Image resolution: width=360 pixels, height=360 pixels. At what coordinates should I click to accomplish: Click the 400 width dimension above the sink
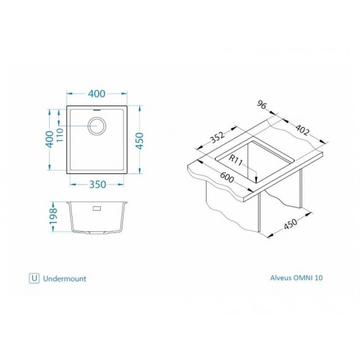pos(97,94)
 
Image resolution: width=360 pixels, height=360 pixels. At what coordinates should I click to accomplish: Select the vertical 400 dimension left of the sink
pos(50,139)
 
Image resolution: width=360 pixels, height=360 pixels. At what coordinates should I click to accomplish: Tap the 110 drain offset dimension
pos(60,135)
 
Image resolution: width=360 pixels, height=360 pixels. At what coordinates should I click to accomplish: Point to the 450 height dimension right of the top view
pos(139,141)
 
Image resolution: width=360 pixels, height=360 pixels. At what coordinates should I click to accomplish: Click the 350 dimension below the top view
pos(98,185)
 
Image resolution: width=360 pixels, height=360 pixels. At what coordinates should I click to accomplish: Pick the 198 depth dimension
pos(53,216)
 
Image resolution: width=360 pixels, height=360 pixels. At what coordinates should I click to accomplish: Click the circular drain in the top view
pos(97,126)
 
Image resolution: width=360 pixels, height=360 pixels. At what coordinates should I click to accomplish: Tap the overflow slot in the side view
pos(97,208)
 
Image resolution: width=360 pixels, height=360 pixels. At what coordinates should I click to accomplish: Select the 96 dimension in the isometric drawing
pos(262,105)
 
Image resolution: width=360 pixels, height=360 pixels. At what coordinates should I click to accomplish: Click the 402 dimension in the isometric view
pos(302,130)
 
